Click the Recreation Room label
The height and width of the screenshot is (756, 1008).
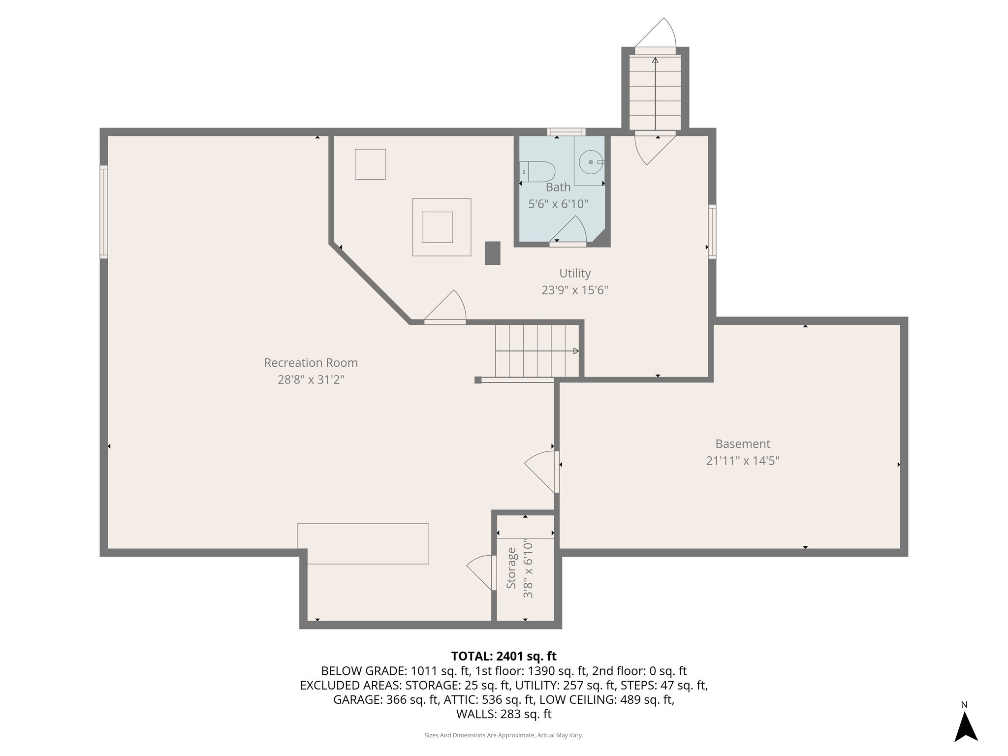[x=311, y=363]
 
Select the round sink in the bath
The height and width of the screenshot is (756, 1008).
[x=590, y=161]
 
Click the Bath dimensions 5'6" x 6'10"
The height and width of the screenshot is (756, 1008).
[x=558, y=204]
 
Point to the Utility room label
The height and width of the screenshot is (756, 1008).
[x=574, y=273]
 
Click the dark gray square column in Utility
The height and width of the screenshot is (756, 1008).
[x=492, y=253]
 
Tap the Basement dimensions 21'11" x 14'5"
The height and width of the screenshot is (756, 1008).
[x=742, y=461]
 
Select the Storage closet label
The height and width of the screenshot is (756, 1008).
[x=511, y=568]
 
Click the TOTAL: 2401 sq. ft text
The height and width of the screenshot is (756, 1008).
[x=504, y=656]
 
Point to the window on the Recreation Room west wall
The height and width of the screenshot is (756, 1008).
[x=104, y=212]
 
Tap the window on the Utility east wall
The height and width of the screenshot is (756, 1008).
[x=712, y=231]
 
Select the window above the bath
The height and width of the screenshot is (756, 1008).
[x=566, y=131]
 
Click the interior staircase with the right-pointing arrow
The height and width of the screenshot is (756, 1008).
[x=536, y=350]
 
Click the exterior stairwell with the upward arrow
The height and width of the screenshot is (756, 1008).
[x=655, y=92]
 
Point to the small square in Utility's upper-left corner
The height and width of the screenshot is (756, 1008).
[x=370, y=164]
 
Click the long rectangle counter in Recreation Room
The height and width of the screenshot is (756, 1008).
[x=363, y=543]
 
